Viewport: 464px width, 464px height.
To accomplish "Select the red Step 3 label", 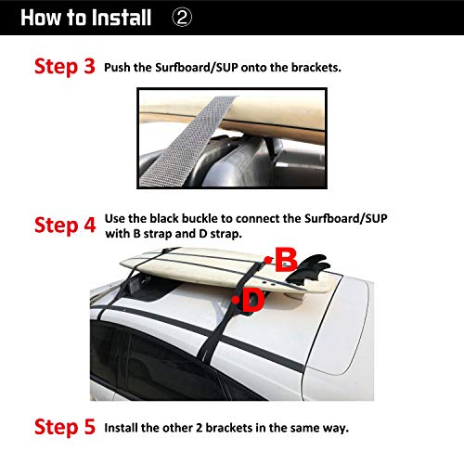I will [x=65, y=68].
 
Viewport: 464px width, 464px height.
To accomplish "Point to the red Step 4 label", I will [x=65, y=226].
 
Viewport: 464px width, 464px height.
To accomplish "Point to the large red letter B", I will [x=285, y=259].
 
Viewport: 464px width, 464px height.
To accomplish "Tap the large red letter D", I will [x=254, y=300].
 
